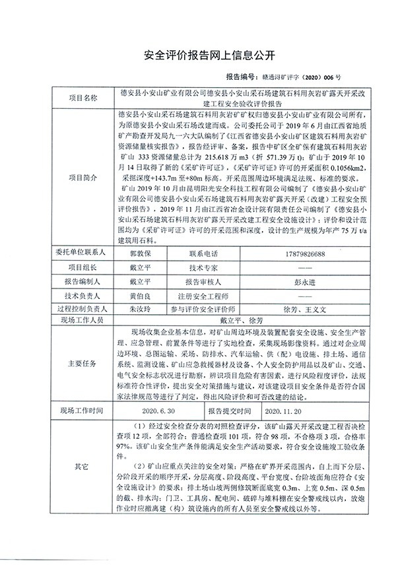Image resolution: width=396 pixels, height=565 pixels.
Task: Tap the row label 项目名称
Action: pos(83,96)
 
